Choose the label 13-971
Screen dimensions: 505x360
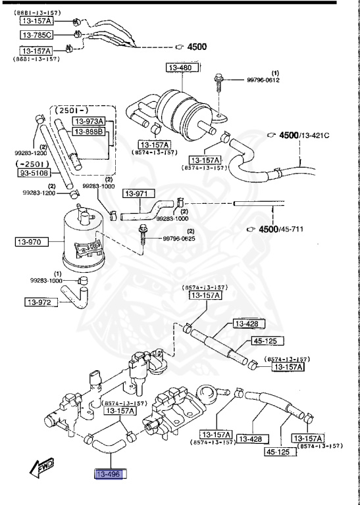(x=140, y=194)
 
